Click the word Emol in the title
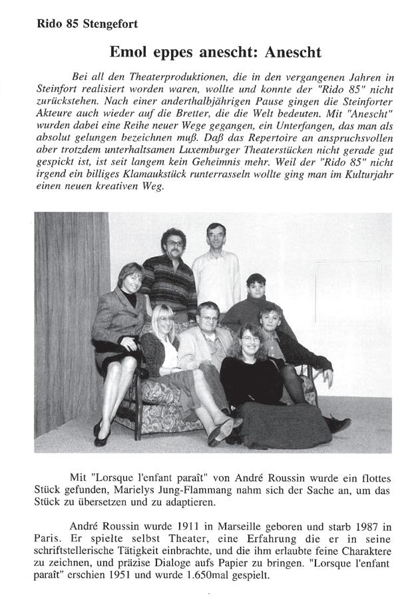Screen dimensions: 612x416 pyautogui.click(x=128, y=52)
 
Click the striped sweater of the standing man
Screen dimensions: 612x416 pyautogui.click(x=172, y=283)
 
